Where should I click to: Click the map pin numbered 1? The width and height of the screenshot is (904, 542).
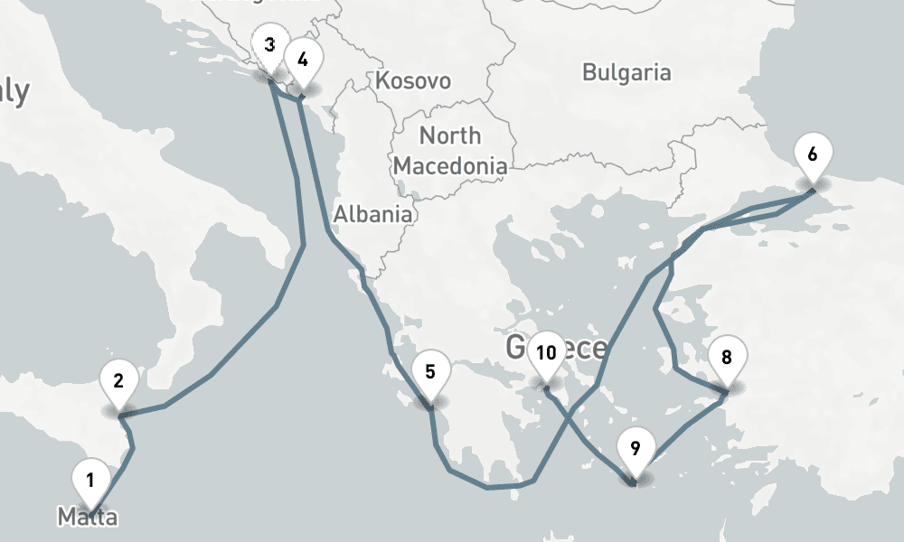click(x=89, y=478)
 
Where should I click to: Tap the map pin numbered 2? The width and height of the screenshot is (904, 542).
click(x=118, y=379)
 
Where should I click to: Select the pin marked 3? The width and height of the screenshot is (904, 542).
click(x=269, y=46)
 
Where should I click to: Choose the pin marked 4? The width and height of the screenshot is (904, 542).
click(x=303, y=61)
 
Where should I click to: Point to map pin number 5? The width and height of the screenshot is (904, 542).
click(x=429, y=371)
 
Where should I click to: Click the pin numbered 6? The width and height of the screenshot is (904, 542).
click(x=812, y=154)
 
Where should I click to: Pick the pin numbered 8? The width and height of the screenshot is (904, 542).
click(x=726, y=357)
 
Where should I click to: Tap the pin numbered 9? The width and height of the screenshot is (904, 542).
click(x=635, y=449)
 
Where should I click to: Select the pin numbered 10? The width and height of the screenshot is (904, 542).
click(x=545, y=353)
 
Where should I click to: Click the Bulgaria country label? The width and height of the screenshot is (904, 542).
click(x=626, y=72)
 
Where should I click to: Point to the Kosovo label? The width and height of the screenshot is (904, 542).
click(x=413, y=80)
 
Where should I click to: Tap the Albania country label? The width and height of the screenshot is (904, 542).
click(x=372, y=215)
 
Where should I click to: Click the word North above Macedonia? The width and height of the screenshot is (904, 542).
click(x=450, y=136)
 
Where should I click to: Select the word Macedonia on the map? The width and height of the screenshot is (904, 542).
click(x=450, y=166)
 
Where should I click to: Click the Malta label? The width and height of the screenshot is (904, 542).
click(x=88, y=518)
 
